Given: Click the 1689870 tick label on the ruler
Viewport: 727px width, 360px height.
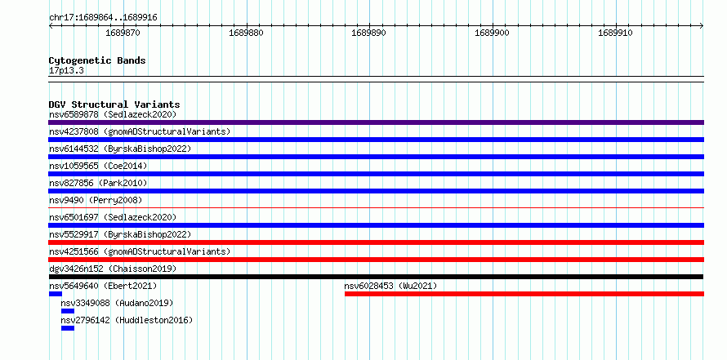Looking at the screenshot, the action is coord(123,33).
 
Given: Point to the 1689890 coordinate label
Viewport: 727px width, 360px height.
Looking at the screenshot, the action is coord(368,33).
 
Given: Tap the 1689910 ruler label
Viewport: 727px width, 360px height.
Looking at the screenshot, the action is coord(615,33).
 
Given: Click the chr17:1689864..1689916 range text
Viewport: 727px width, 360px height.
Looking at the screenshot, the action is coord(103,18).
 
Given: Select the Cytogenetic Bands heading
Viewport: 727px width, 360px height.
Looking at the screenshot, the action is coord(97,60).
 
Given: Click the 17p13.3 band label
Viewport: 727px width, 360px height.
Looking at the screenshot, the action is coord(66,71).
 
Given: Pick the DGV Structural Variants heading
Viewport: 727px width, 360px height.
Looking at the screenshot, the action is coord(114,104).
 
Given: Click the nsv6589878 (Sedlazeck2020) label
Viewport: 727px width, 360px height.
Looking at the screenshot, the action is coord(113,114).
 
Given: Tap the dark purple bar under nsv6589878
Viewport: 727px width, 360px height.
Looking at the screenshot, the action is coord(376,122).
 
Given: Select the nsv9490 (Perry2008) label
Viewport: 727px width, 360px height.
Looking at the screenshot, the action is coord(96,200).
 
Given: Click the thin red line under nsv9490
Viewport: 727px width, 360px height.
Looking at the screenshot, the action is coord(376,208).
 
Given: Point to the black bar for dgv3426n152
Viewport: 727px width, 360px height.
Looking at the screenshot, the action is coord(376,277).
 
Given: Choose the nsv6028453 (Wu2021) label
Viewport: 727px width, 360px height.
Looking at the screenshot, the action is coord(390,286).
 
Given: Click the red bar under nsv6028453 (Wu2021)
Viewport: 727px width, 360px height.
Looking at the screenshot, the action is coord(524,294).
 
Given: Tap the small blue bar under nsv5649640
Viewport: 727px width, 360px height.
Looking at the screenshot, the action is coord(56,294).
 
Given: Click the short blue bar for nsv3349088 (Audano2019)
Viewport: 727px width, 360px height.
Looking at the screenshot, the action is coord(68,311).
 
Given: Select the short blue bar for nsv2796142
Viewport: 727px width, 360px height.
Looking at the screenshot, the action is coord(68,328).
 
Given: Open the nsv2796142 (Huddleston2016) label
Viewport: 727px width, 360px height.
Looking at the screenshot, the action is coord(127,320).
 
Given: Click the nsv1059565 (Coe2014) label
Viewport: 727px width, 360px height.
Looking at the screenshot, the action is coord(98,166).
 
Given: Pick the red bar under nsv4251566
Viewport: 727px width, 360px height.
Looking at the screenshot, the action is coord(376,260).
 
